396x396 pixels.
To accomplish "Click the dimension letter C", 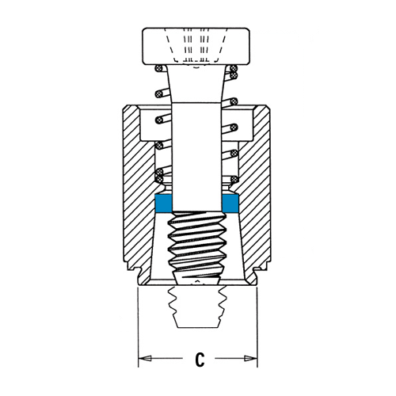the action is point(200,358).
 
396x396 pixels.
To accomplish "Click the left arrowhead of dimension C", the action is point(145,358).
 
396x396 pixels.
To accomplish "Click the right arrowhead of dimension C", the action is point(250,358).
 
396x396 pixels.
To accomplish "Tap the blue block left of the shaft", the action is point(164,204).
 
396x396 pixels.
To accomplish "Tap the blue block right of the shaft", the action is point(230,204).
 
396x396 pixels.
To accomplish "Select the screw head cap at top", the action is point(196,46).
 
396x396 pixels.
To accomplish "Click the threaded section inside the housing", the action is point(197,247).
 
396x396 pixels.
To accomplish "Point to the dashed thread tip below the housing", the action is point(197,307).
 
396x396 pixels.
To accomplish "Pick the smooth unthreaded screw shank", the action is point(196,157).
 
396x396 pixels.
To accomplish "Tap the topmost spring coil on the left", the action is point(158,68).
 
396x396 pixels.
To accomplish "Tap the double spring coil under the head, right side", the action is point(232,72).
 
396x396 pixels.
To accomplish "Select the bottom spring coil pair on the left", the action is point(159,176).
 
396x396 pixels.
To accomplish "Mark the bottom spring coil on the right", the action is point(233,180).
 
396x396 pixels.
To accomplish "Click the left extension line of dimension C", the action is point(139,327).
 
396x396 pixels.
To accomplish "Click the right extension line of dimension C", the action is point(257,327).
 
